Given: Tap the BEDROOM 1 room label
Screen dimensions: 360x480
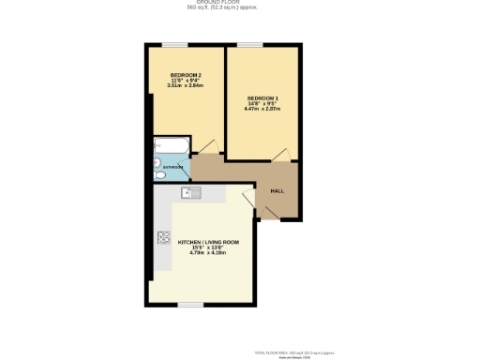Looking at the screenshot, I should (262, 98).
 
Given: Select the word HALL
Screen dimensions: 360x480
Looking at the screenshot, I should (277, 191).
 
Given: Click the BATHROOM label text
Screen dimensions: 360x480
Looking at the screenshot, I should (172, 168).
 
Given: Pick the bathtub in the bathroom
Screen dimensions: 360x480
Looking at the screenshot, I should (172, 145).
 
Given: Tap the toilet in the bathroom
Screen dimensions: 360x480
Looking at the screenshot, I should (159, 172).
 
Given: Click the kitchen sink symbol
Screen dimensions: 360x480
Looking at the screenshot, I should (191, 193).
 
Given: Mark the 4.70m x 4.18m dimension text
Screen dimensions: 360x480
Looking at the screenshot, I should (202, 253).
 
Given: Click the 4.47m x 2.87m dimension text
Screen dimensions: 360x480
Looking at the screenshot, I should (262, 110).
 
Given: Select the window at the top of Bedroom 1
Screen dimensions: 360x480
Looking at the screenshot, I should (249, 44).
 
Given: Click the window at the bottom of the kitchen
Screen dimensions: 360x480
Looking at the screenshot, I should (191, 304).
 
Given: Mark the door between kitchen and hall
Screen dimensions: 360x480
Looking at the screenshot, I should (247, 199).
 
